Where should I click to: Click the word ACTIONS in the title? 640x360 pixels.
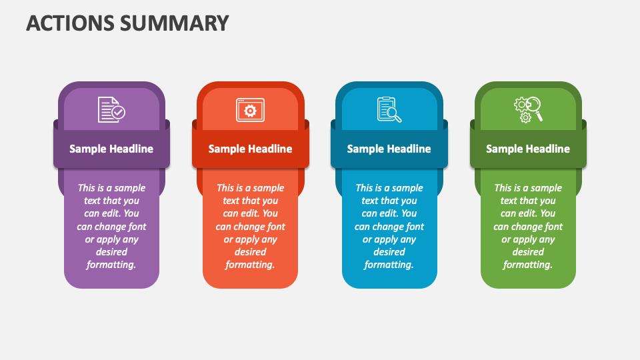(70, 23)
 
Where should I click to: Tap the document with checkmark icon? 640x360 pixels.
(111, 109)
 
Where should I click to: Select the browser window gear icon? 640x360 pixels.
(250, 110)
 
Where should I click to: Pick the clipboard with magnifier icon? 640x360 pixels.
(389, 109)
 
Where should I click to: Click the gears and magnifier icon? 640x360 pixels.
(528, 110)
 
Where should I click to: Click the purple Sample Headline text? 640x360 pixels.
(111, 149)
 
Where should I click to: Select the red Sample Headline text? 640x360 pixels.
(250, 149)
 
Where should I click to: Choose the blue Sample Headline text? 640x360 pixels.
(389, 149)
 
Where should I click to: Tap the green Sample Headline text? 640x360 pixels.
(528, 149)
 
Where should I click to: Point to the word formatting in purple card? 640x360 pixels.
(111, 265)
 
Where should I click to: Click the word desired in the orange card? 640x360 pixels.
(250, 252)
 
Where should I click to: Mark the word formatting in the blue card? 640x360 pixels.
(389, 265)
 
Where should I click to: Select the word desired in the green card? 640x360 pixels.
(528, 252)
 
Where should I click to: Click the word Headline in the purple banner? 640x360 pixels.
(131, 149)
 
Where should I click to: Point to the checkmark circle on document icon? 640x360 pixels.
(119, 112)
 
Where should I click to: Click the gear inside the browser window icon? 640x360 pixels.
(250, 111)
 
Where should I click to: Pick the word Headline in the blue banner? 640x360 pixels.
(408, 149)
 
